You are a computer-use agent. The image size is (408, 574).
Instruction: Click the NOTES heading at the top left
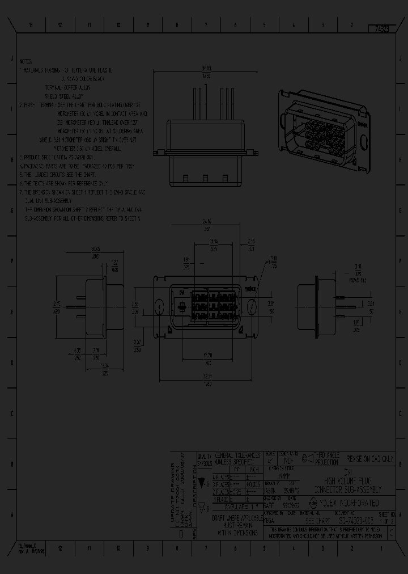point(25,61)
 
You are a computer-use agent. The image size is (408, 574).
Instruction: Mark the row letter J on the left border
point(11,58)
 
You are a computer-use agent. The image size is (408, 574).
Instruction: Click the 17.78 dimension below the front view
point(208,356)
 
